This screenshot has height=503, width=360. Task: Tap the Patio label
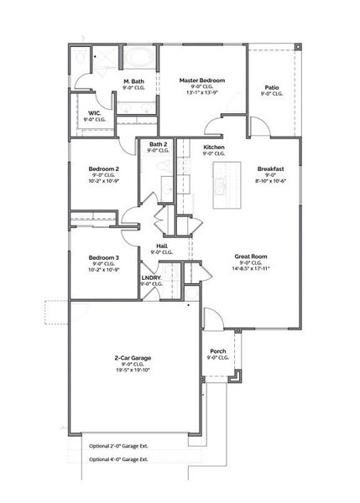click(272, 87)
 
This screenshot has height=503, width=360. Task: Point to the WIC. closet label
click(94, 112)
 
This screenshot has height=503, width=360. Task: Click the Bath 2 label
click(158, 144)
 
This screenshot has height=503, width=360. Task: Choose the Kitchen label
click(214, 147)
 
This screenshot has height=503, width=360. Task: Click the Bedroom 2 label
click(105, 169)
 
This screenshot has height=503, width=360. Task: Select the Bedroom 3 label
click(105, 257)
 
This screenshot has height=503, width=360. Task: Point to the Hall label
click(161, 246)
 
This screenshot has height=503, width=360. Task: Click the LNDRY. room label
click(151, 277)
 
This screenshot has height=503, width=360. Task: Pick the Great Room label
click(251, 257)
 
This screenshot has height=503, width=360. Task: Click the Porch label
click(217, 352)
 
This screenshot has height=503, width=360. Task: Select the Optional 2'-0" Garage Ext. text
click(120, 446)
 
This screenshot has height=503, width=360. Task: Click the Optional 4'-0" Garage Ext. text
click(120, 459)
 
